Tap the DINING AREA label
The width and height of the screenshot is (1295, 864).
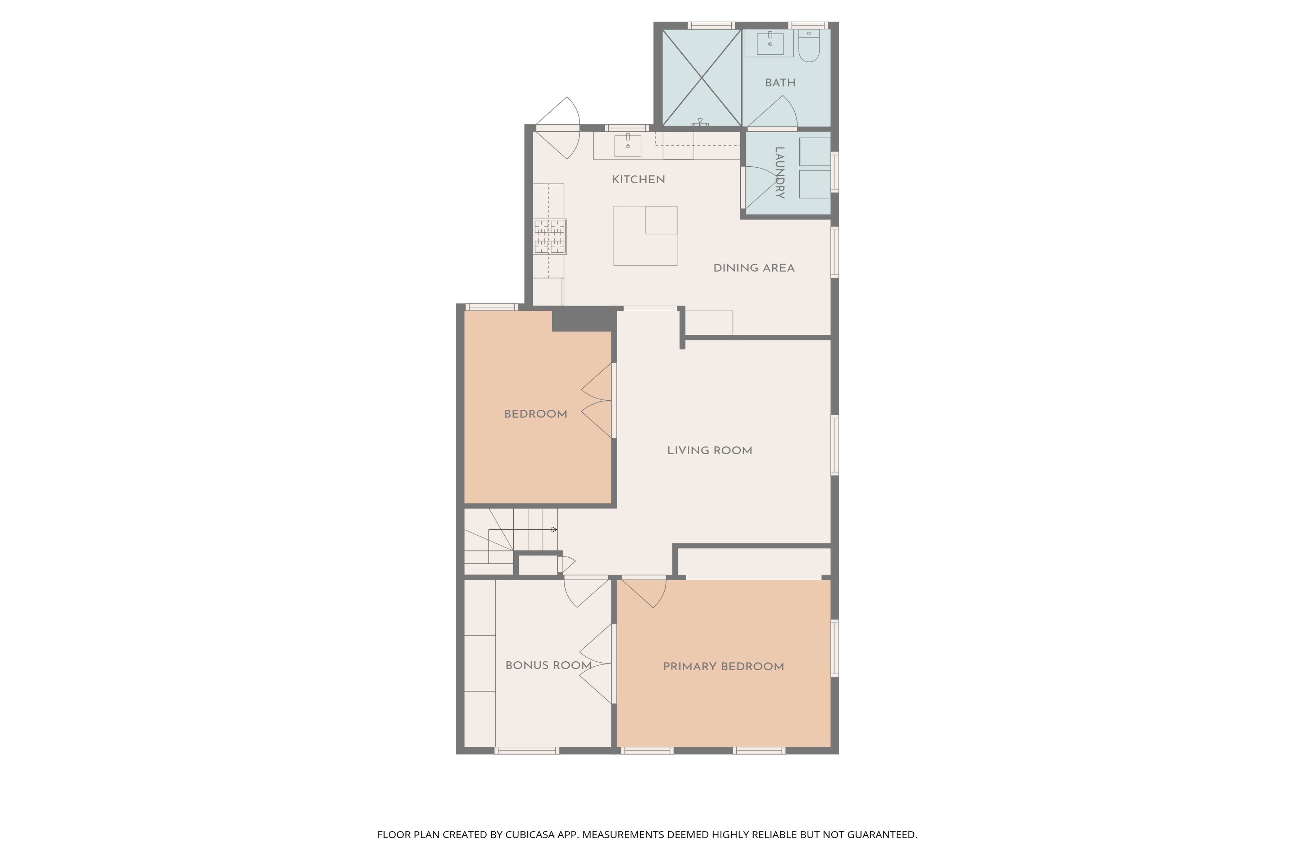(x=754, y=268)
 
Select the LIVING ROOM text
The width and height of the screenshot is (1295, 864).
(x=710, y=451)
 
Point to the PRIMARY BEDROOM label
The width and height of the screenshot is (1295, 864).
(x=723, y=667)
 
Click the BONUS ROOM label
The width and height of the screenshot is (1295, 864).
(x=548, y=666)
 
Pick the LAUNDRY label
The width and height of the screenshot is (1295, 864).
(x=780, y=172)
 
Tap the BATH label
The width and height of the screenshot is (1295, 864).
(x=780, y=83)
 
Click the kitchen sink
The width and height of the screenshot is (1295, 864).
(x=628, y=145)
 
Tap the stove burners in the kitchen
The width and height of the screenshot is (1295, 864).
(x=550, y=237)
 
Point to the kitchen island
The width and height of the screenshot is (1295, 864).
(x=645, y=236)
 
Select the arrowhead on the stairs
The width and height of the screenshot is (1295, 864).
(x=554, y=530)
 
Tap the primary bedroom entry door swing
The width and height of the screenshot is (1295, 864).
(x=644, y=592)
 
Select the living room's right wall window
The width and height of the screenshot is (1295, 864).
(x=835, y=445)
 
